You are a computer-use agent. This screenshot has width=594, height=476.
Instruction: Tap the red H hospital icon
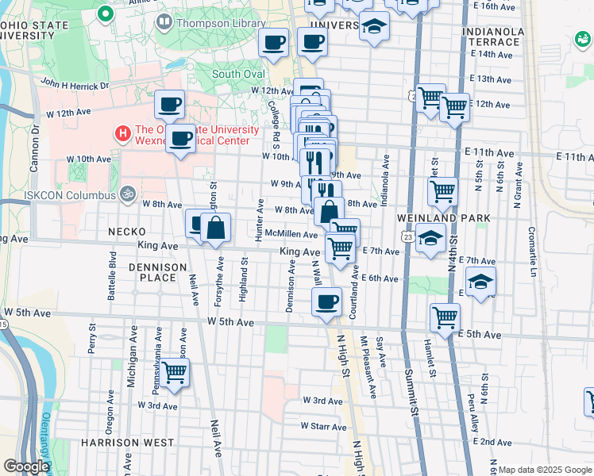122,133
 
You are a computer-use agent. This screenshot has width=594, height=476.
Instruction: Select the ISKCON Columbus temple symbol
125,193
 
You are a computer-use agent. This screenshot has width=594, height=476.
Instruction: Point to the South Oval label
237,75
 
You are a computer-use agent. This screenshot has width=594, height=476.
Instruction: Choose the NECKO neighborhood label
125,232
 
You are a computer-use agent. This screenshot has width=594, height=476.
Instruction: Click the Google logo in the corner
26,466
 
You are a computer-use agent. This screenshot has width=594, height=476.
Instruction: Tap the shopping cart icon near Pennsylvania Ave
175,371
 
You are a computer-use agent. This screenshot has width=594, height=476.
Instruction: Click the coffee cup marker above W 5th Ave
326,302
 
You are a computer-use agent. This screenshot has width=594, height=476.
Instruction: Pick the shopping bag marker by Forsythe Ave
215,228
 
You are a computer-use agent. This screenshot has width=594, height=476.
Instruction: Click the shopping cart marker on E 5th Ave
445,317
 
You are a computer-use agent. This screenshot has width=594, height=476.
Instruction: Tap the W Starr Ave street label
323,427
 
